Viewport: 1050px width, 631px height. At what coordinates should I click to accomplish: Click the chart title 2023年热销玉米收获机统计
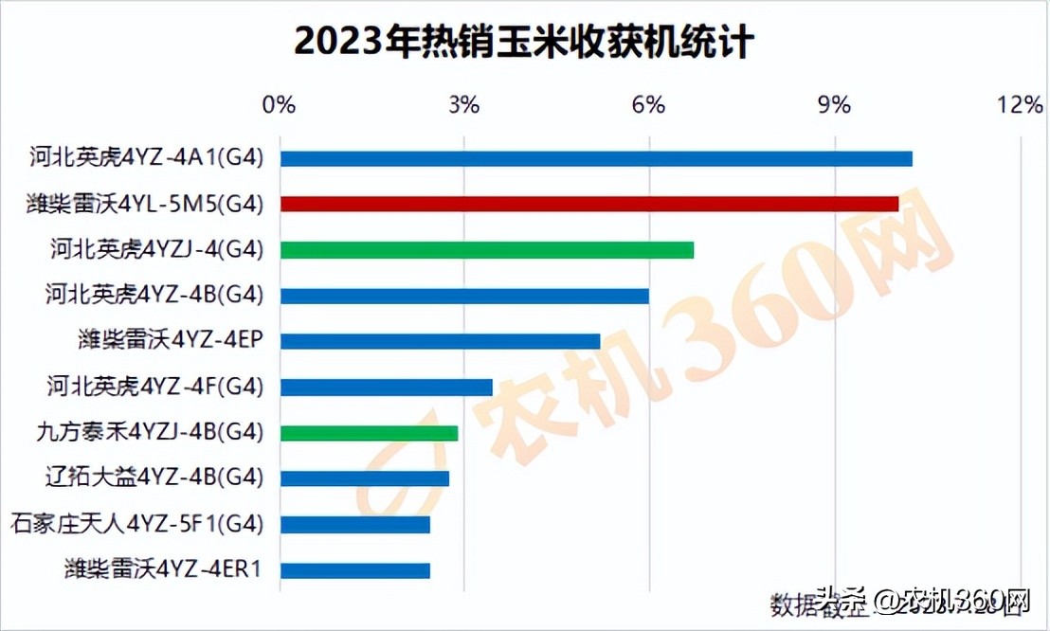pos(524,41)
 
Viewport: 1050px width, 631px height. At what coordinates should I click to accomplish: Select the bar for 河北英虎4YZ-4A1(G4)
pos(595,158)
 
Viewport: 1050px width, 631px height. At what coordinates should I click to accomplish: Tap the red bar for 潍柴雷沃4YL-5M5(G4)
pos(588,204)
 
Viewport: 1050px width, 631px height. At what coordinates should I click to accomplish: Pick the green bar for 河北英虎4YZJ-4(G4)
pos(486,250)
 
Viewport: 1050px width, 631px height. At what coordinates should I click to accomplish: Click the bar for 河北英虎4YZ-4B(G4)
pos(464,296)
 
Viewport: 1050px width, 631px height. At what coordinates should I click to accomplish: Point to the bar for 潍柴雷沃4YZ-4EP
pos(440,341)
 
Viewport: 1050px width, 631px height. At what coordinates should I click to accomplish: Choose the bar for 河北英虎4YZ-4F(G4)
pos(386,387)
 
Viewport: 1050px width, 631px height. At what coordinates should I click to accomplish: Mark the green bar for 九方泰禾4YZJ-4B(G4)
pos(369,433)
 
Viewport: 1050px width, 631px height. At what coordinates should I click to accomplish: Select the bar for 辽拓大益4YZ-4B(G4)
pos(364,478)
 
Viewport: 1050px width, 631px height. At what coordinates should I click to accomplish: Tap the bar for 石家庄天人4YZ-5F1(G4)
pos(354,524)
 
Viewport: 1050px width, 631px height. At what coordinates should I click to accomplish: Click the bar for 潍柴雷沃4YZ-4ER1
pos(354,570)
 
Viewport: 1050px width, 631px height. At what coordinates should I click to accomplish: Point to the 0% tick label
pos(279,104)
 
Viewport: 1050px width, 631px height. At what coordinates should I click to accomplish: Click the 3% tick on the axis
pos(463,104)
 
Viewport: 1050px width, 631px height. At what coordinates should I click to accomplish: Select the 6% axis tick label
pos(649,104)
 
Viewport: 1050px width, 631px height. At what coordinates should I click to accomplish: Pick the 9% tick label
pos(835,104)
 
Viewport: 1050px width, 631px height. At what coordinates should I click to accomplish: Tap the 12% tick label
pos(1021,104)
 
